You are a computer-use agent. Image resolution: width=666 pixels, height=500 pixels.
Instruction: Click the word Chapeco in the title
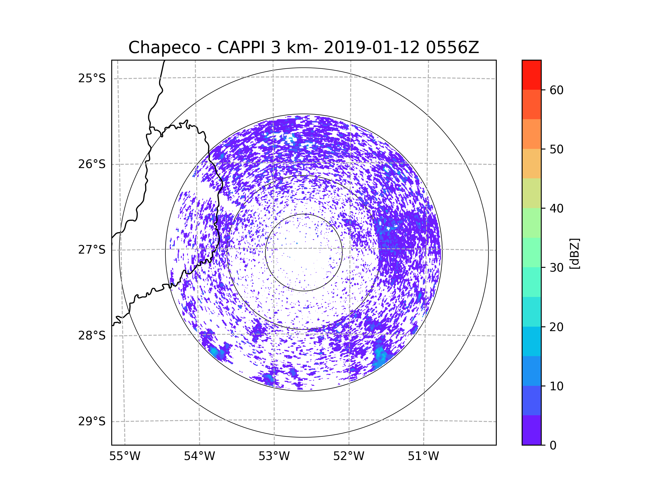point(164,47)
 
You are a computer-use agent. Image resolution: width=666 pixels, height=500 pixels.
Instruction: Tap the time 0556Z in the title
point(452,47)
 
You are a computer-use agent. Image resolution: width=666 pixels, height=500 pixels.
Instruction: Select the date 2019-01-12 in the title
point(372,47)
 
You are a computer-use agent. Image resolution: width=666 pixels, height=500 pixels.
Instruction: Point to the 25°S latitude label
point(92,78)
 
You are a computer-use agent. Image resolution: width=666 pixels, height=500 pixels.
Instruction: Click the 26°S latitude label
point(92,164)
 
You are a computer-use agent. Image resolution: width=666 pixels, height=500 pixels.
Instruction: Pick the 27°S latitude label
point(92,250)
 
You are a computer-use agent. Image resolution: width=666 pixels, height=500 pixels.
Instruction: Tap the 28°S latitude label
point(92,336)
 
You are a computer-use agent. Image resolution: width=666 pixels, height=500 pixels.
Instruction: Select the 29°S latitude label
point(92,421)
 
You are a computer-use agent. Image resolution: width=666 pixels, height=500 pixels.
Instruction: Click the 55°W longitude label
point(125,456)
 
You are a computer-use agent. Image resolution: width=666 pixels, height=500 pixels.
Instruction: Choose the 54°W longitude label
point(199,456)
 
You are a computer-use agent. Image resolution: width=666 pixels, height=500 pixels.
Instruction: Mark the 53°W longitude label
point(274,456)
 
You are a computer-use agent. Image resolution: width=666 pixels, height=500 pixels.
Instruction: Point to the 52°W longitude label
point(349,456)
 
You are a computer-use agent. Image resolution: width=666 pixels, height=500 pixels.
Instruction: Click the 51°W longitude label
point(423,456)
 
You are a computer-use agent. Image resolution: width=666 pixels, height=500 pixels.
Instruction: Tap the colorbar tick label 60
point(556,90)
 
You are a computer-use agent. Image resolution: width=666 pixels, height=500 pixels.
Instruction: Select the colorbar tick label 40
point(556,209)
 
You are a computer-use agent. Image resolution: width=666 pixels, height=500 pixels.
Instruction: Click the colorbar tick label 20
point(556,327)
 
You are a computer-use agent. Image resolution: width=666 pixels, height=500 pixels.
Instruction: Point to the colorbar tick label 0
point(553,446)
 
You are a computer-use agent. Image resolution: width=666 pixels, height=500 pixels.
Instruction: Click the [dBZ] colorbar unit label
point(574,253)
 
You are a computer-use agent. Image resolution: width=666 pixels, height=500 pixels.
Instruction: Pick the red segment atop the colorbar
point(531,75)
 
